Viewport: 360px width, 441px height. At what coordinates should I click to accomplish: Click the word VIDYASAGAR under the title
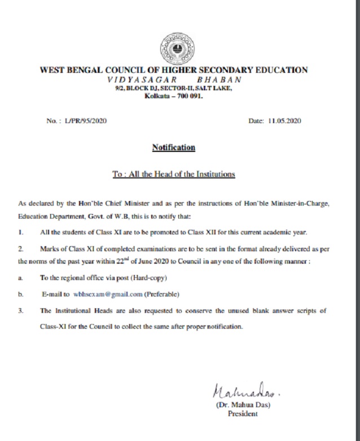coord(134,80)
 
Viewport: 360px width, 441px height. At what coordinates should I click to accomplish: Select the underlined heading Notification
coord(173,148)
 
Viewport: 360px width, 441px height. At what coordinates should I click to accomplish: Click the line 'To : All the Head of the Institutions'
coord(173,174)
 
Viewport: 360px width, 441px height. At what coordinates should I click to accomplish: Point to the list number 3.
coord(21,311)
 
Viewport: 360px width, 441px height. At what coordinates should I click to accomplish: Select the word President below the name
coord(242,414)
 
